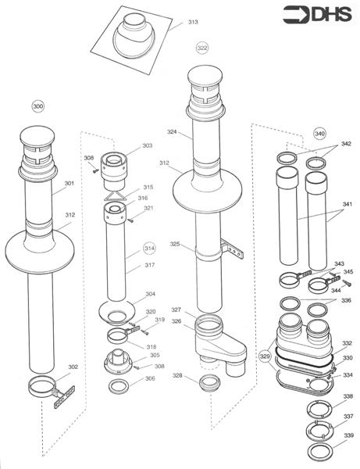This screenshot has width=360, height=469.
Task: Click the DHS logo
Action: [x=317, y=14]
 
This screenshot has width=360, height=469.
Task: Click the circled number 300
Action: [x=38, y=106]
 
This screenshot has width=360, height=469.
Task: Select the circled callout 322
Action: [x=202, y=48]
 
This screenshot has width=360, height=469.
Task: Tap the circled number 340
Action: [x=319, y=134]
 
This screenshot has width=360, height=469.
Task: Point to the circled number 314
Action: [x=149, y=249]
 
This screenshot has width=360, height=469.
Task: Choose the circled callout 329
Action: [x=265, y=356]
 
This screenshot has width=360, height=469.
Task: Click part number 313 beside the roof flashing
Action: [x=193, y=22]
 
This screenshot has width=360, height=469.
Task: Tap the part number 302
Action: [x=73, y=367]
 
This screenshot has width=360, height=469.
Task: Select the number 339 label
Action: [x=348, y=435]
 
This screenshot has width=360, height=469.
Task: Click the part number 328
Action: [x=177, y=375]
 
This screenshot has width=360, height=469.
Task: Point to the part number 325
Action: [x=175, y=244]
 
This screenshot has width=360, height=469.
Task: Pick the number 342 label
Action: [x=346, y=144]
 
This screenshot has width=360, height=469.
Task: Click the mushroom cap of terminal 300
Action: [x=37, y=135]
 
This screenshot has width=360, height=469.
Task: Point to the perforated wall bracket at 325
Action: [x=233, y=249]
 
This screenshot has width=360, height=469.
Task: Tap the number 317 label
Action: [x=150, y=265]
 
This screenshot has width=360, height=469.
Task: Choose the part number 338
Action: [x=348, y=396]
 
